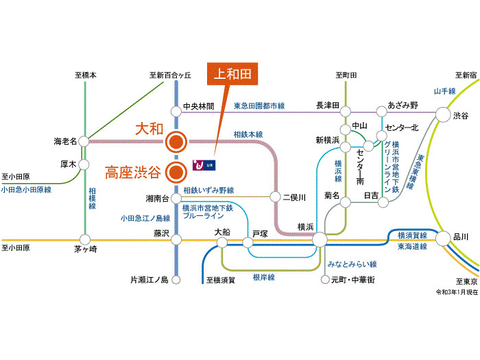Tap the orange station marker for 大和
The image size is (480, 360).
pos(176,141)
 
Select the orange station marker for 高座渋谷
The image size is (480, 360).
pos(176,171)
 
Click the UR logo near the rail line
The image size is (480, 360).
pos(204,165)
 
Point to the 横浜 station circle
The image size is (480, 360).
pos(320,239)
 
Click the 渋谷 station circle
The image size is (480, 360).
pos(442,115)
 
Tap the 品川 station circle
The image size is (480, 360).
pos(442,237)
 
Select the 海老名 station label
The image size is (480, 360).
pos(65,141)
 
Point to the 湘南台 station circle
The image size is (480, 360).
pos(176,197)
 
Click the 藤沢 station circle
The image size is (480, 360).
pos(176,239)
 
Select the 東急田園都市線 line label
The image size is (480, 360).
pos(259,106)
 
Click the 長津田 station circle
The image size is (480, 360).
pos(346,110)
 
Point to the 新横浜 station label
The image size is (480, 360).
pos(328,140)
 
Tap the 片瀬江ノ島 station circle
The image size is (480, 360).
pos(176,279)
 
